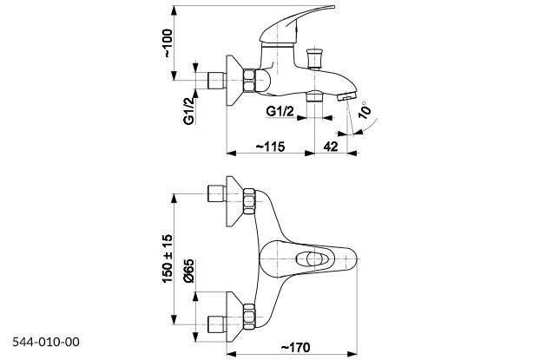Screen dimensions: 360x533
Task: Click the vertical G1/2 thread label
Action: pyautogui.click(x=188, y=110)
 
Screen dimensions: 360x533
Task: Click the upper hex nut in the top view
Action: pyautogui.click(x=248, y=203)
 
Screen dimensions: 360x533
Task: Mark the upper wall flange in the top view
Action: pyautogui.click(x=232, y=201)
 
